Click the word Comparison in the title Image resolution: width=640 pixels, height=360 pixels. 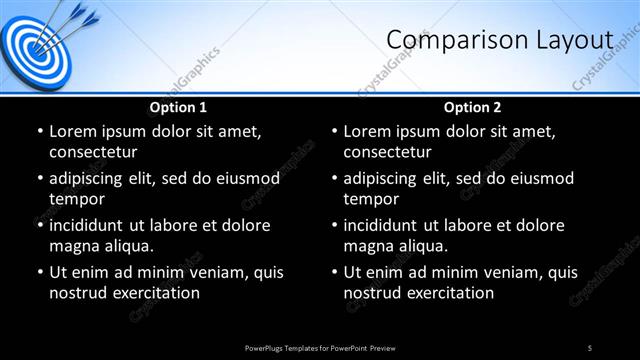coord(452,40)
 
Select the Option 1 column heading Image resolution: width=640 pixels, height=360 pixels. coord(178,107)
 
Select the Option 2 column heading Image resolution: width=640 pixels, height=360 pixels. coord(473,107)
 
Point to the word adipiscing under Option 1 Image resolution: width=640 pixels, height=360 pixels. coord(90,178)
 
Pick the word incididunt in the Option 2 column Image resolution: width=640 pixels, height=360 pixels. coord(386,225)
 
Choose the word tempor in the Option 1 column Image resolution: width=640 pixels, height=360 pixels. coord(76,199)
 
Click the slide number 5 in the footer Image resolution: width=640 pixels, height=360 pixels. coord(590,347)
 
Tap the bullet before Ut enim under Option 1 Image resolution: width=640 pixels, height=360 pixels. coord(39,272)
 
